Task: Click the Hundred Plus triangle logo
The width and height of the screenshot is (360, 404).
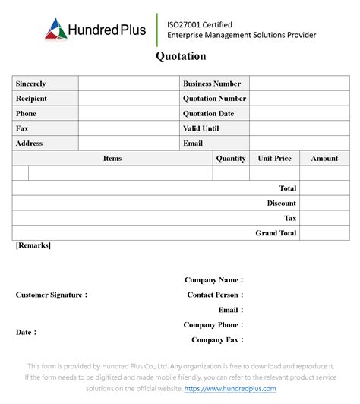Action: pos(56,29)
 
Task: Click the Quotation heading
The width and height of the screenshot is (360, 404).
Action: pos(181,56)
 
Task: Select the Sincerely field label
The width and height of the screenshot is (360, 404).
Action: pos(30,84)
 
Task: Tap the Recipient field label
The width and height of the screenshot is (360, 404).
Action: pos(31,99)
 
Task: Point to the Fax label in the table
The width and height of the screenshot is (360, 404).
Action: pos(22,128)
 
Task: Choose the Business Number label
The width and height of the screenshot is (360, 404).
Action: pos(212,84)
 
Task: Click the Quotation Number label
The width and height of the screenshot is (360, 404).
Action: pos(214,99)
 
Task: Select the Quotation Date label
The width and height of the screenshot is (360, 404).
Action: pos(208,114)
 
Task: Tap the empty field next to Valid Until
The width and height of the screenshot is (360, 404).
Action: pos(298,128)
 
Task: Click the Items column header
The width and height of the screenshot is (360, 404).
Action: pos(112,159)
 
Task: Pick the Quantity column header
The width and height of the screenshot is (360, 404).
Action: pos(231,159)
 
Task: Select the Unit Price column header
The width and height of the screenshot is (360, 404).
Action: pos(274,159)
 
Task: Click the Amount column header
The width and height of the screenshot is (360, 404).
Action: pos(324,159)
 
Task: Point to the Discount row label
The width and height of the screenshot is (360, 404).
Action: pos(281,204)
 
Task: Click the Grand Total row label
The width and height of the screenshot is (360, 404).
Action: pos(276,233)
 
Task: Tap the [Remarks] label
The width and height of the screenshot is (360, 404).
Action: pos(33,245)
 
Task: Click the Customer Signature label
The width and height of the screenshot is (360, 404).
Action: pos(51,295)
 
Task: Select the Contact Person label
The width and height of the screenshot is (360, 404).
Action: pos(215,295)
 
